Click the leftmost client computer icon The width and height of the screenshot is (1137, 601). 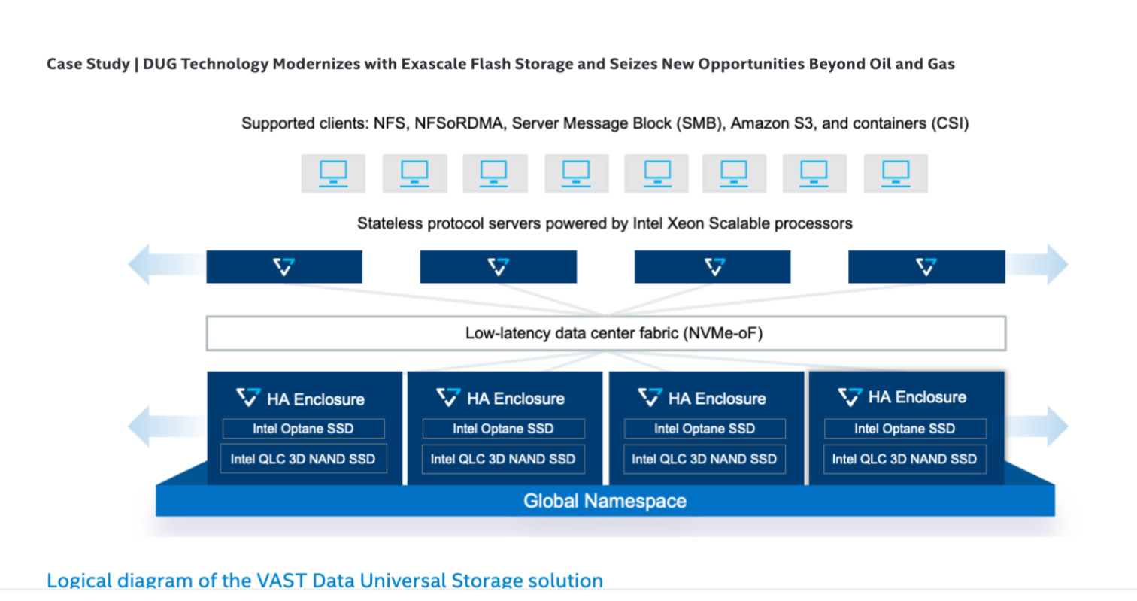[x=333, y=173]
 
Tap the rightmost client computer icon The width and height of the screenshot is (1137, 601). [x=896, y=173]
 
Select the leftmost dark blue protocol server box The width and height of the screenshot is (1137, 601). [x=284, y=267]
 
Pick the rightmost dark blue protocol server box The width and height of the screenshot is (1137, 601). [x=926, y=267]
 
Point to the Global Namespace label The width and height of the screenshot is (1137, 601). [x=605, y=501]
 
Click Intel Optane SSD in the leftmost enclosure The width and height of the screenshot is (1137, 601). [x=303, y=429]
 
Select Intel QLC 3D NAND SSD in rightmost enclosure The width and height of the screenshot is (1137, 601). [x=905, y=459]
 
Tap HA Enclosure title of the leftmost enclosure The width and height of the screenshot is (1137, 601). [x=316, y=399]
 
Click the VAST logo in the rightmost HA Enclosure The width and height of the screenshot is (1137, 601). [x=850, y=396]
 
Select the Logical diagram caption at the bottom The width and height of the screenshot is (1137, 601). [x=324, y=581]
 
